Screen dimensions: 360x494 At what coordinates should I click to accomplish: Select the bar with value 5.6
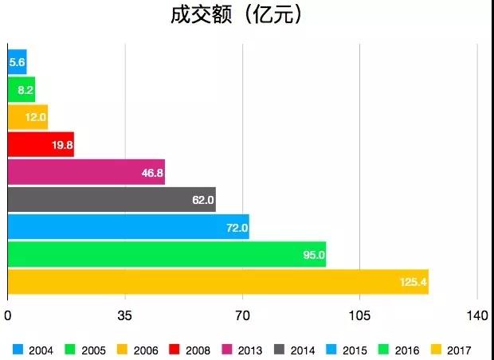[x=17, y=62]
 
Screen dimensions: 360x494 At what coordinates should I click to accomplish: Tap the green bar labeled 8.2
[x=22, y=90]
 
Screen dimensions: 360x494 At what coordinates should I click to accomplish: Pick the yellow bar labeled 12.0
[x=28, y=117]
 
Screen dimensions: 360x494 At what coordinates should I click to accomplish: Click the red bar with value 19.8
[x=41, y=145]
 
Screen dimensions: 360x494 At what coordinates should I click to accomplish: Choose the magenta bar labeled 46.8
[x=86, y=172]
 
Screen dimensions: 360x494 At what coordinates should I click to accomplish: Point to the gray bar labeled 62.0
[x=112, y=199]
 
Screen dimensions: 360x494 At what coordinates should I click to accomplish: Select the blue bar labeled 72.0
[x=128, y=227]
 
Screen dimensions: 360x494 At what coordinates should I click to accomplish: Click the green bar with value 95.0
[x=167, y=254]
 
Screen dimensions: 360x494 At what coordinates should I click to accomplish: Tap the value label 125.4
[x=413, y=282]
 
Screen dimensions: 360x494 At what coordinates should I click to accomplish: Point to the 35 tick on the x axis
[x=124, y=315]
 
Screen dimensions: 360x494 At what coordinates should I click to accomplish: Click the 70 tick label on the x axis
[x=242, y=315]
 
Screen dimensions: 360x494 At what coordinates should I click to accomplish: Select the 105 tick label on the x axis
[x=360, y=315]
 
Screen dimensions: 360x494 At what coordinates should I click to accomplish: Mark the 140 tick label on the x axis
[x=477, y=315]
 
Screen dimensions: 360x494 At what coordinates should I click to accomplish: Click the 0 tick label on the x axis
[x=7, y=315]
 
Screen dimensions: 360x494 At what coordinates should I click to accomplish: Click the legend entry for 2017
[x=452, y=350]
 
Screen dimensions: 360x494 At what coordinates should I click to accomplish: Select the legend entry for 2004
[x=35, y=350]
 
